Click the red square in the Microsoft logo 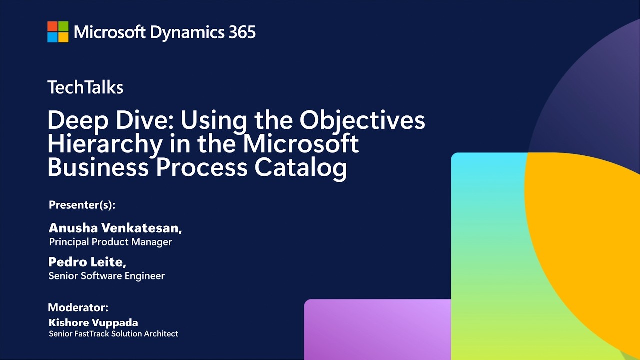click(x=52, y=26)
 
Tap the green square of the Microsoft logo click(x=63, y=26)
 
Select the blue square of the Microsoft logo click(x=52, y=37)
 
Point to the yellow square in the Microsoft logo click(x=63, y=37)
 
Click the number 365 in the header click(x=242, y=32)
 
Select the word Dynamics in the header click(x=187, y=33)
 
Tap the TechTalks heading click(x=85, y=87)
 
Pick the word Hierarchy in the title click(x=105, y=145)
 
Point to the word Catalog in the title click(x=301, y=168)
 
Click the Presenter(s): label click(x=82, y=205)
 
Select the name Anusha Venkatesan click(x=115, y=228)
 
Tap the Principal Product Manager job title click(x=110, y=242)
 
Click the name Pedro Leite click(x=87, y=262)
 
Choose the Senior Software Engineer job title click(x=107, y=276)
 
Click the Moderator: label click(x=78, y=307)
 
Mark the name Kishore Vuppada click(x=93, y=323)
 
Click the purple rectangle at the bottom click(x=377, y=329)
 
